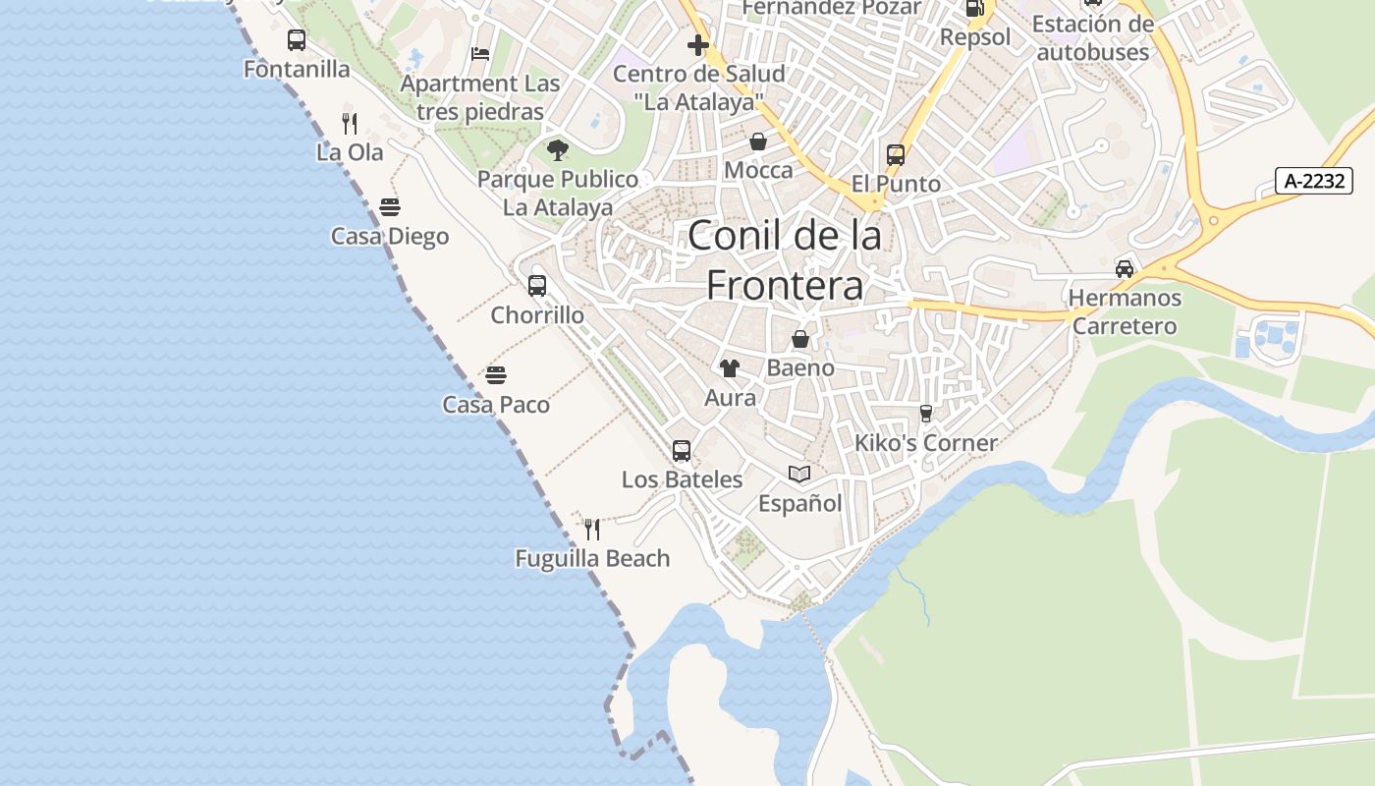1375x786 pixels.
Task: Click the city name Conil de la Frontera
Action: tap(785, 260)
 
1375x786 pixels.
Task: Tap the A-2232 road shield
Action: tap(1314, 181)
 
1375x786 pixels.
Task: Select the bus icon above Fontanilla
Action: tap(296, 40)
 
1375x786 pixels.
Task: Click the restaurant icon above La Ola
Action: tap(349, 123)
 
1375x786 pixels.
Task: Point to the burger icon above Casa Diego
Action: tap(390, 207)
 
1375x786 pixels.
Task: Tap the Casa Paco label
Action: tap(496, 405)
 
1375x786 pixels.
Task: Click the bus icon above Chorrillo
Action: tap(537, 286)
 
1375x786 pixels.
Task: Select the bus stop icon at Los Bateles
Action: tap(682, 451)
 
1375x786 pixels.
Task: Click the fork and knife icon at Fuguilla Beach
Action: tap(592, 530)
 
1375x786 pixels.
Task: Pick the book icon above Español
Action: tap(799, 475)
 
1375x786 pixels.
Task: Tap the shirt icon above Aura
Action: tap(730, 368)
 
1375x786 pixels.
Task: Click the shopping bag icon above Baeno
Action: tap(800, 339)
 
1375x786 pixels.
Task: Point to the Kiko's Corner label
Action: tap(925, 443)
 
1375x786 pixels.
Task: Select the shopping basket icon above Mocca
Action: tap(758, 141)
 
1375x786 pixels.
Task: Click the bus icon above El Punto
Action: tap(896, 154)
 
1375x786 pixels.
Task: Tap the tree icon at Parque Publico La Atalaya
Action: tap(558, 150)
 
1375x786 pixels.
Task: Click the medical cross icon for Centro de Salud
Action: tap(698, 45)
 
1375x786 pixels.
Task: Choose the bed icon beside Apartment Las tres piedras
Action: tap(480, 54)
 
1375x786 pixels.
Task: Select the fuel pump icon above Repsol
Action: tap(974, 9)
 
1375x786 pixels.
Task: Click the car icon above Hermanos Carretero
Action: tap(1125, 268)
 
